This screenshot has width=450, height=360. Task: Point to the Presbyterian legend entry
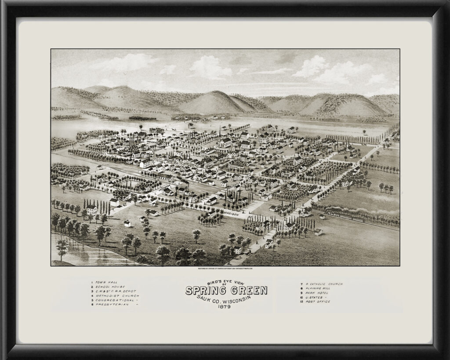(112, 304)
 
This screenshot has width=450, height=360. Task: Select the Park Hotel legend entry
(317, 293)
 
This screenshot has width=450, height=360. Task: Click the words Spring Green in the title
(226, 291)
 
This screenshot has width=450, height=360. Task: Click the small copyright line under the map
(225, 268)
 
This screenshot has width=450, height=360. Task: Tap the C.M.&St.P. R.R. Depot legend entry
(113, 291)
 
